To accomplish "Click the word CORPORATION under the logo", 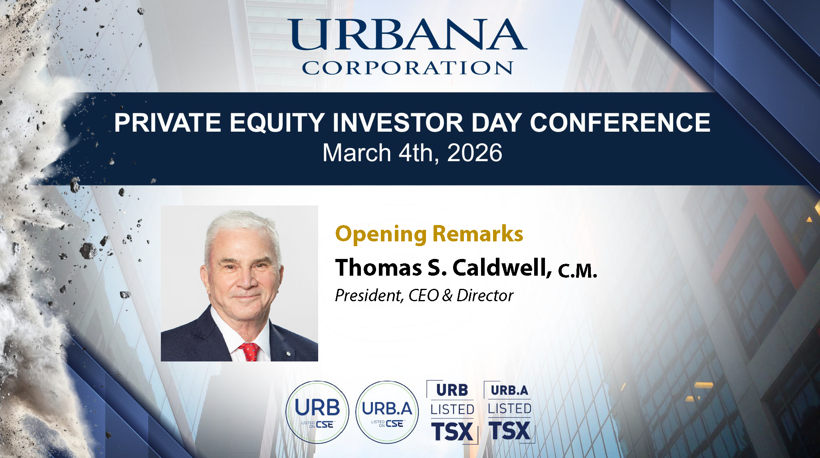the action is coord(408,68).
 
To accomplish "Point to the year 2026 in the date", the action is coord(475,153).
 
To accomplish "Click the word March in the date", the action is coord(357,153).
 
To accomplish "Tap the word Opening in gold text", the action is coord(381,234).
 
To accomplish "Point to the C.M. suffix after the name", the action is coord(577,270).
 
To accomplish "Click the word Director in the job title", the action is coord(485,296).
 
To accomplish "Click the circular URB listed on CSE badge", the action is coord(317,412).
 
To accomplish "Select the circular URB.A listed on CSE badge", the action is coord(387,412).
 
